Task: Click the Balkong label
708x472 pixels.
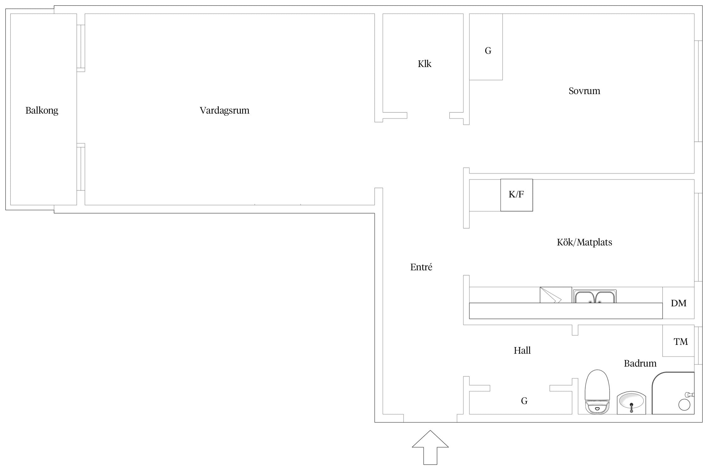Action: [x=42, y=111]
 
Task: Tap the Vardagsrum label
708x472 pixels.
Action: [x=224, y=110]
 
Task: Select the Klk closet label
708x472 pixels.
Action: [x=424, y=64]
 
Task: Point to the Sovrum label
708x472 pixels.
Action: [x=584, y=91]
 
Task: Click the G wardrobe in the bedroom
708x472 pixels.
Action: [x=486, y=47]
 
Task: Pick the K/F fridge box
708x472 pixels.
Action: [x=517, y=195]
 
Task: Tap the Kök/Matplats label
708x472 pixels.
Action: [x=584, y=242]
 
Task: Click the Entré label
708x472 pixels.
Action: [x=421, y=267]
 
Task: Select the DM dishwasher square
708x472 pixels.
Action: [x=678, y=303]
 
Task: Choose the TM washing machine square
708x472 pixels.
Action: [x=678, y=341]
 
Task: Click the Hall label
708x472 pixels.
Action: [x=522, y=351]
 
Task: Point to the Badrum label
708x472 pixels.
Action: [x=640, y=363]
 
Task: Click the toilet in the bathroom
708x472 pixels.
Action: [x=597, y=392]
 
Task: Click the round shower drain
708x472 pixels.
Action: [x=684, y=405]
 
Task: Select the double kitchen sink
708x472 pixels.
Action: [x=595, y=296]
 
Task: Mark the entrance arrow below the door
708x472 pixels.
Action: [x=430, y=447]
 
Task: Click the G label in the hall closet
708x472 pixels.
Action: [x=524, y=401]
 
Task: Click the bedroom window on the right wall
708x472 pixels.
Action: [x=698, y=91]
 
